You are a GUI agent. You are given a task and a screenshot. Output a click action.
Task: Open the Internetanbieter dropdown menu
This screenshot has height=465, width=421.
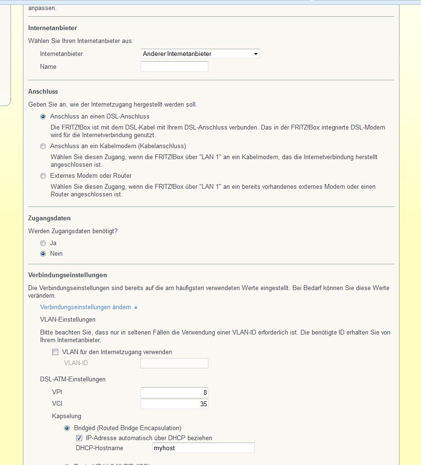[200, 54]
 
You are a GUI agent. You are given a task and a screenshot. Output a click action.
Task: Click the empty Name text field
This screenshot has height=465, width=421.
[174, 67]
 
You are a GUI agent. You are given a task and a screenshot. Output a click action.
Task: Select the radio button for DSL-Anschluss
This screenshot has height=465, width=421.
[43, 117]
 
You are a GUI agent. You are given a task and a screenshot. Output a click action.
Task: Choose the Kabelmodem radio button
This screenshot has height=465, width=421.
[43, 146]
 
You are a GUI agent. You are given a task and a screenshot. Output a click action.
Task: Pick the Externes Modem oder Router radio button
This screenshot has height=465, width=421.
[43, 176]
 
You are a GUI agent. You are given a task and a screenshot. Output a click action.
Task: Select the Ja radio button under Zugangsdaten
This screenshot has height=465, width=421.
[43, 243]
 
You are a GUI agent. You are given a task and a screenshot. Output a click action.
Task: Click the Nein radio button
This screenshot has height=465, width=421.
[43, 254]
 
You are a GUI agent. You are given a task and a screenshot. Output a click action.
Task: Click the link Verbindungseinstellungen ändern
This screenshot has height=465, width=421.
[86, 307]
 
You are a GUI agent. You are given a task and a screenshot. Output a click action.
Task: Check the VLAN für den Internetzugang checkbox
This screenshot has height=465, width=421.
[55, 352]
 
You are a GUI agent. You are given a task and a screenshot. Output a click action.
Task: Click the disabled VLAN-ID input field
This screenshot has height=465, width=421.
[174, 363]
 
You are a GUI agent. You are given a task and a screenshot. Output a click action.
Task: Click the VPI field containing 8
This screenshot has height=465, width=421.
[174, 392]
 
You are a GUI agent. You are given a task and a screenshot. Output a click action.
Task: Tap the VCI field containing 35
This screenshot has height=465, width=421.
[174, 404]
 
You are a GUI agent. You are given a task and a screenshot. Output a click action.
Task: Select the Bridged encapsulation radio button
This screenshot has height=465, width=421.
[67, 428]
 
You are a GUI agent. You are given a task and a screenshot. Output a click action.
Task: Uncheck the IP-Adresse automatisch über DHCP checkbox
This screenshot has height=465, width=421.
[79, 438]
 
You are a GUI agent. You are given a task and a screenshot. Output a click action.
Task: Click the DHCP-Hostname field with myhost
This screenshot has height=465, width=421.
[203, 448]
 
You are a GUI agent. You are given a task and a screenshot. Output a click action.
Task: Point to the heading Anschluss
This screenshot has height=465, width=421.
[43, 91]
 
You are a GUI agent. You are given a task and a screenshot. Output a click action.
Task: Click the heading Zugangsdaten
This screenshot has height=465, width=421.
[49, 218]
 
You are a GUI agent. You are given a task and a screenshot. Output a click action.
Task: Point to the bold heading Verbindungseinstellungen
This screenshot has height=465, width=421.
[67, 275]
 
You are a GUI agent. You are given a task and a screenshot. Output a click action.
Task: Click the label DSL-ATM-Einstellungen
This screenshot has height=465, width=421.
[73, 379]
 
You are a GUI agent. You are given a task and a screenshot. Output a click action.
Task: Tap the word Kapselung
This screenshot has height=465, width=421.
[66, 416]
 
